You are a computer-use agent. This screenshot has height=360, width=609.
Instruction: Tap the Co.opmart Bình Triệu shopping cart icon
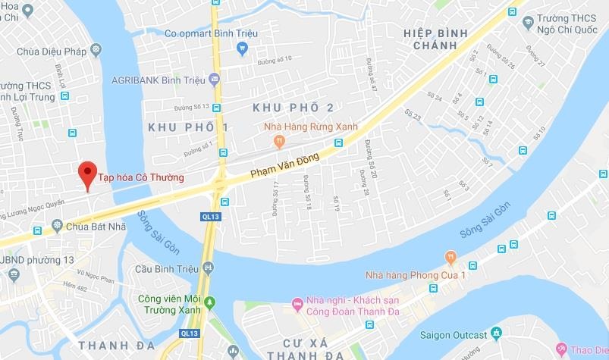point(243,49)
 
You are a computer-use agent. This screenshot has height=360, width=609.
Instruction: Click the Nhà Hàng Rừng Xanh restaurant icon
point(280,140)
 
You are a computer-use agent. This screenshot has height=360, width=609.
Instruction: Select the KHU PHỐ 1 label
point(188,127)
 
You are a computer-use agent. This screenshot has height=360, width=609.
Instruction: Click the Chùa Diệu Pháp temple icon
point(96,50)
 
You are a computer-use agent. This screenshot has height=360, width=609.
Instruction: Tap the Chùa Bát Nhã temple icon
point(57,225)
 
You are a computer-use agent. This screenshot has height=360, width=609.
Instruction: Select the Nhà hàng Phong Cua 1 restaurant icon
point(451,257)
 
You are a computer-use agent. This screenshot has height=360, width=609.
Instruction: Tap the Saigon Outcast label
point(454,334)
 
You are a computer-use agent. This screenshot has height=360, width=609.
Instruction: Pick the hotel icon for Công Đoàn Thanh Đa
point(297,305)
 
